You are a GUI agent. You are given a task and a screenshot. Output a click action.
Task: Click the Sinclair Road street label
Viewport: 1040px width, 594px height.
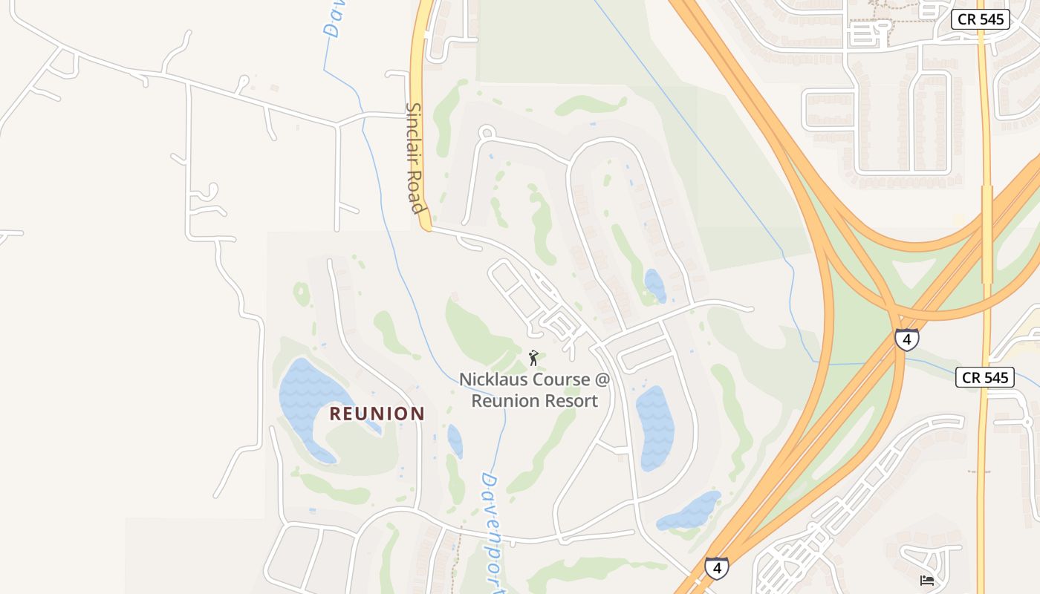click(x=415, y=157)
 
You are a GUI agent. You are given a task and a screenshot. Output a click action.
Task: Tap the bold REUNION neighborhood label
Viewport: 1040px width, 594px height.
click(x=377, y=414)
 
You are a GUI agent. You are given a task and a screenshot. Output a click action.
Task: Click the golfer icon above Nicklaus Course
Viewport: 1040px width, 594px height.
click(x=533, y=358)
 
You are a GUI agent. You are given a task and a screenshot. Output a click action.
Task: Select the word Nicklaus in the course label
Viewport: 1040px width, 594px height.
click(x=493, y=379)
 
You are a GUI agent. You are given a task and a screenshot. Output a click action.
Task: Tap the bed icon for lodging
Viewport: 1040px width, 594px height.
click(x=927, y=580)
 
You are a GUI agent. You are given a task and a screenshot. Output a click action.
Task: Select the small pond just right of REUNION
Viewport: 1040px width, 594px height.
click(x=455, y=440)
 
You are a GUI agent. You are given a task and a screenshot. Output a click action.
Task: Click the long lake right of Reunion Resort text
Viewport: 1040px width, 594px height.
click(x=654, y=427)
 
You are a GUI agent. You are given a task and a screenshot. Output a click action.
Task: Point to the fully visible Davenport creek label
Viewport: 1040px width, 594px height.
click(x=493, y=532)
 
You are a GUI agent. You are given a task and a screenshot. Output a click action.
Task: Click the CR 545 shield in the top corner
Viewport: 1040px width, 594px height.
click(x=980, y=19)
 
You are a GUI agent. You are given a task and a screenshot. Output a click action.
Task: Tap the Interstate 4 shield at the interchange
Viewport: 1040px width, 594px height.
click(x=906, y=339)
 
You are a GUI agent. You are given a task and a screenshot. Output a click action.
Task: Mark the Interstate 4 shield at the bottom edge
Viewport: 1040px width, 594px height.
click(x=716, y=568)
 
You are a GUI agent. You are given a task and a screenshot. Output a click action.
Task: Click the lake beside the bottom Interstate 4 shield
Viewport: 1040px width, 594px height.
click(x=691, y=512)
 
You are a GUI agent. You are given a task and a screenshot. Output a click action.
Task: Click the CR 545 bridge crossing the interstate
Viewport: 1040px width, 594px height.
click(x=987, y=234)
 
